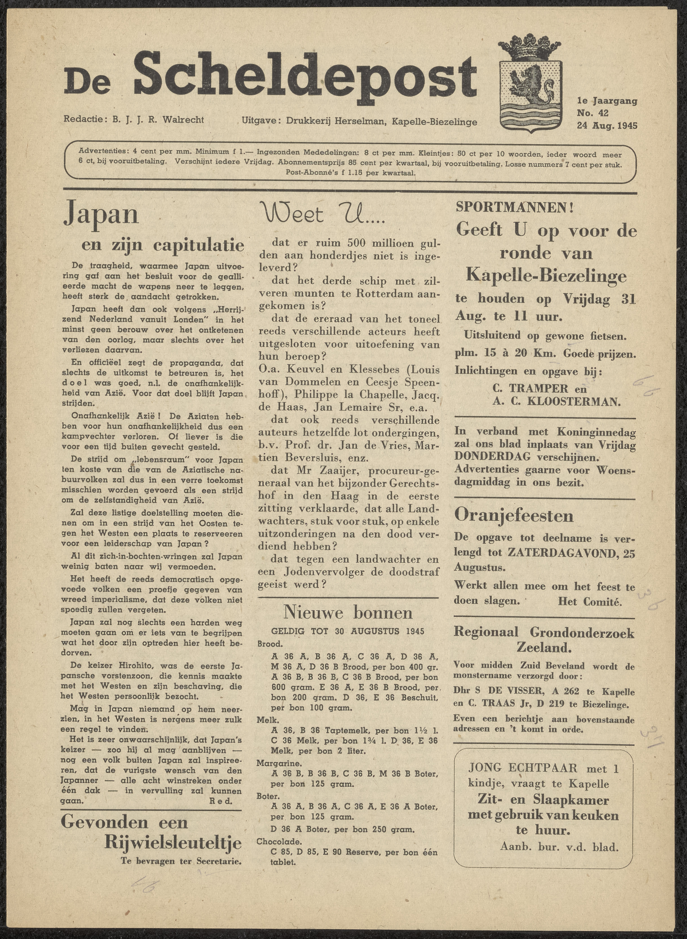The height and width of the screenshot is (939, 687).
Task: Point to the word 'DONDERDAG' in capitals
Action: pos(492,456)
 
